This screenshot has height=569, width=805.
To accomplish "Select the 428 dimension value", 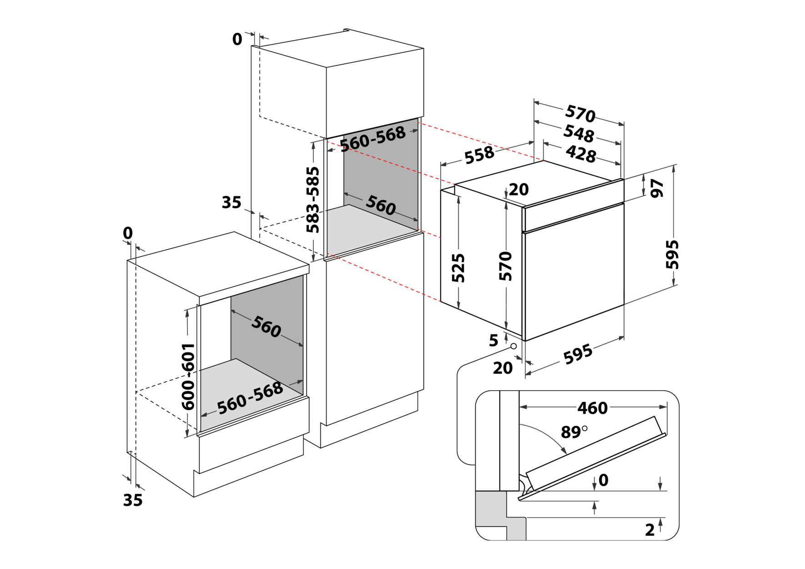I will pos(581,154).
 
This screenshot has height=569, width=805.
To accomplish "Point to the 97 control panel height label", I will pos(658,188).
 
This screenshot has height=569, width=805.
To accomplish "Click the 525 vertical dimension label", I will pos(458,268).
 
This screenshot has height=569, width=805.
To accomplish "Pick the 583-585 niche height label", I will pos(313,200).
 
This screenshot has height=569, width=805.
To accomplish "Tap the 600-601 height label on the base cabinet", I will pos(188,377).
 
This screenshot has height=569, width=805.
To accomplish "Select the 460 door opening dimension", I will pos(592,408).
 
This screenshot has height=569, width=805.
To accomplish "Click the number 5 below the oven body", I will pos(493,340).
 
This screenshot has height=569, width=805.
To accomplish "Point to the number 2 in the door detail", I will pos(650,529).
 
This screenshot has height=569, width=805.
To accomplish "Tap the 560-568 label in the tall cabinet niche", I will pos(372,139).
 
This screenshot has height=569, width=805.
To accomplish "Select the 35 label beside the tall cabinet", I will pos(231,202).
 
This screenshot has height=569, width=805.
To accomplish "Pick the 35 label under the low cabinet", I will pos(133,500).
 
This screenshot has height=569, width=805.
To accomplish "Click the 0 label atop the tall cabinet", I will pos(237,40).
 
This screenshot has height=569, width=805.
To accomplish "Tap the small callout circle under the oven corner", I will pos(513,346).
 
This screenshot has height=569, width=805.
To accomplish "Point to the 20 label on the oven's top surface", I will pos(519,189).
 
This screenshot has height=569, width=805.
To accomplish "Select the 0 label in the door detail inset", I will pos(604,480).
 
